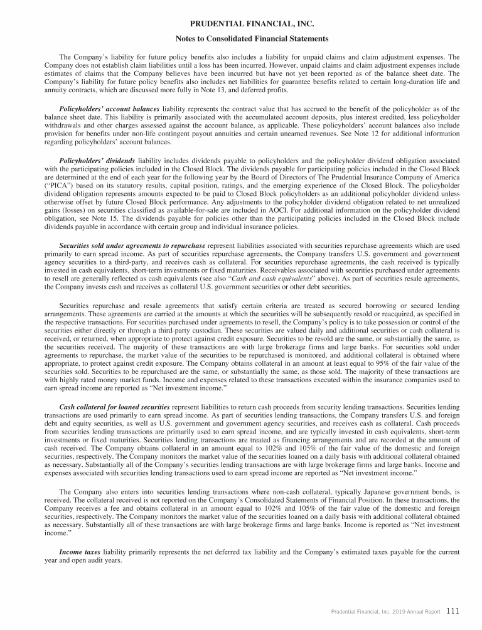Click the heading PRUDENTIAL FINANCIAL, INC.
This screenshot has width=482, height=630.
pyautogui.click(x=240, y=24)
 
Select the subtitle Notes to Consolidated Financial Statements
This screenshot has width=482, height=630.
pyautogui.click(x=240, y=39)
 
